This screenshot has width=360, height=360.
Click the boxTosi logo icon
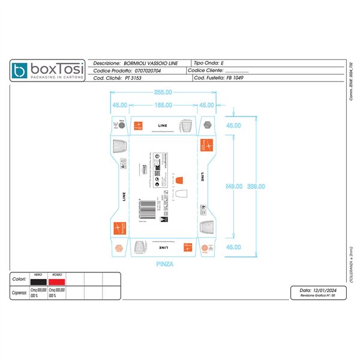coord(22,71)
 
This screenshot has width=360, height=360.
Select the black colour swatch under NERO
coord(38,281)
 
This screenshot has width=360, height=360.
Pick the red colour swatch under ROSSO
coord(56,281)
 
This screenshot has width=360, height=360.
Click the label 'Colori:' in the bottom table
coord(19,280)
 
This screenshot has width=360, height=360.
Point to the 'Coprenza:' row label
coord(20,293)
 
